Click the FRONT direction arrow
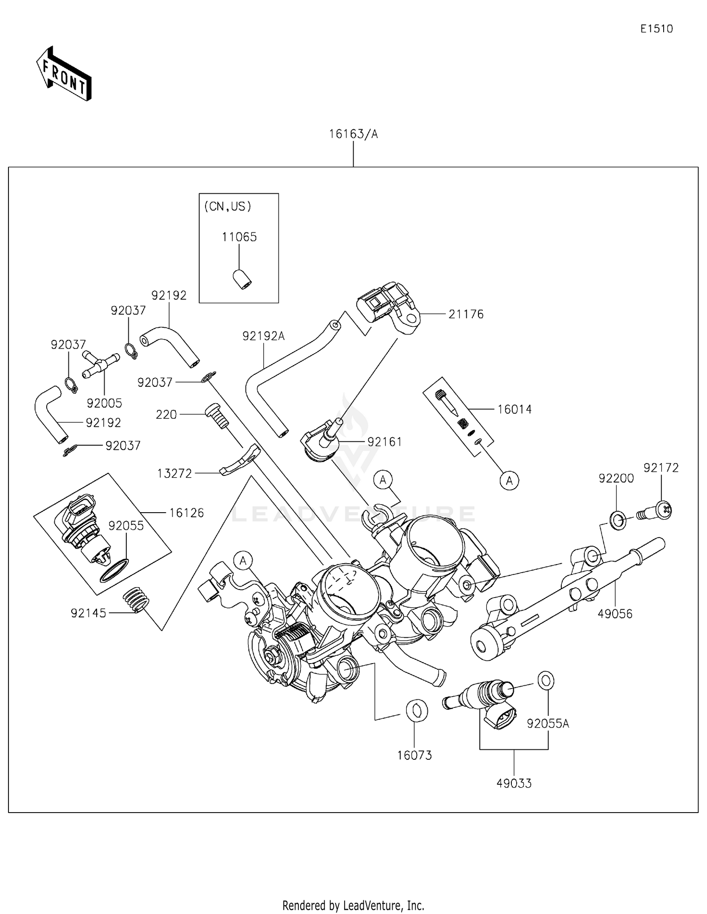pyautogui.click(x=64, y=75)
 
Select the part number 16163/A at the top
pyautogui.click(x=353, y=134)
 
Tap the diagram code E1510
pyautogui.click(x=656, y=29)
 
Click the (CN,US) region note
pyautogui.click(x=228, y=207)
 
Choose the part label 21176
pyautogui.click(x=466, y=314)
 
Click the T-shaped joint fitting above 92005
pyautogui.click(x=100, y=364)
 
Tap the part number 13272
pyautogui.click(x=174, y=474)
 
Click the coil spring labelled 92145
pyautogui.click(x=136, y=600)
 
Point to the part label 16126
pyautogui.click(x=187, y=513)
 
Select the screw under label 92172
pyautogui.click(x=656, y=512)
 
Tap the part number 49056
pyautogui.click(x=615, y=614)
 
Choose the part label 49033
pyautogui.click(x=514, y=783)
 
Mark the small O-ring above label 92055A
pyautogui.click(x=546, y=681)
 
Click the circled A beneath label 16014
pyautogui.click(x=509, y=481)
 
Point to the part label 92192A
pyautogui.click(x=263, y=336)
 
